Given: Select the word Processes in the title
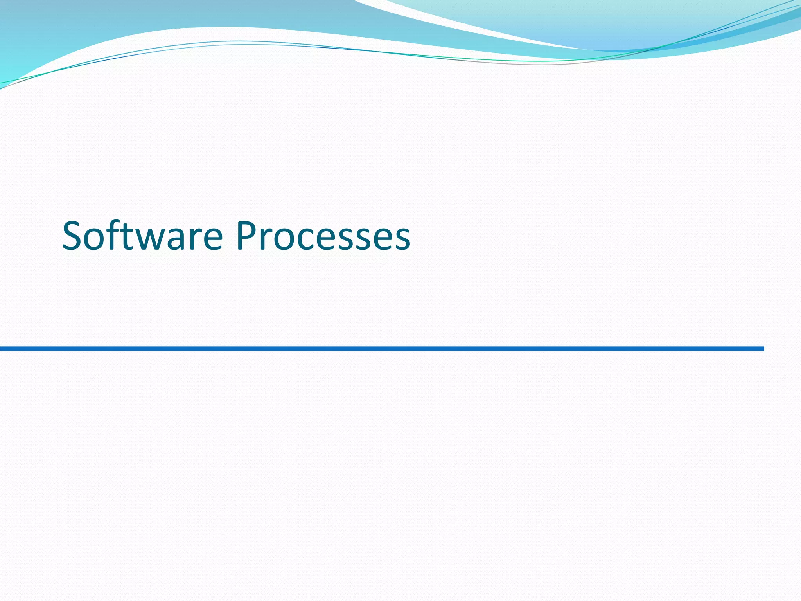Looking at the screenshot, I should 323,236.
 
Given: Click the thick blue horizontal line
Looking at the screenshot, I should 382,349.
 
